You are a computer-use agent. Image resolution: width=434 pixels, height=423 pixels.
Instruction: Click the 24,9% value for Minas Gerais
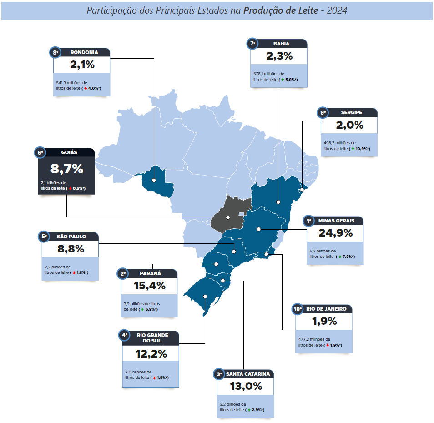(x=335, y=233)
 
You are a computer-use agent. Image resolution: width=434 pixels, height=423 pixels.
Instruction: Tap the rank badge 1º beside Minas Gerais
(x=309, y=221)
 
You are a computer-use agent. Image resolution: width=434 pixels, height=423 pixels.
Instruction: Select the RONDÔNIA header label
(x=84, y=52)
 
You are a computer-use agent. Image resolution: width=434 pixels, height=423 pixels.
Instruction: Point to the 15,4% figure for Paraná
(x=149, y=286)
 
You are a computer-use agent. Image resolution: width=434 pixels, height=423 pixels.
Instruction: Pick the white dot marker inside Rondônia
(x=154, y=180)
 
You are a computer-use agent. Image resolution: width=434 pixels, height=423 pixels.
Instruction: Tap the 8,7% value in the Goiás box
(x=67, y=169)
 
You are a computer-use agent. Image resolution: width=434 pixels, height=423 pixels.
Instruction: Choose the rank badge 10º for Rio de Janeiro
(x=298, y=309)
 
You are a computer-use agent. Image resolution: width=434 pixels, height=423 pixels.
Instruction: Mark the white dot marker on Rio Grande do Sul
(x=206, y=297)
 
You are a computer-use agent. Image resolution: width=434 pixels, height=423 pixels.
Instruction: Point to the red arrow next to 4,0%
(x=85, y=88)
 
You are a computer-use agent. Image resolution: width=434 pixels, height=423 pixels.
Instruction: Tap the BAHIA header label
(x=281, y=44)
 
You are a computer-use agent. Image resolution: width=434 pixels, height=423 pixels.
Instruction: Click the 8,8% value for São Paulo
(x=71, y=249)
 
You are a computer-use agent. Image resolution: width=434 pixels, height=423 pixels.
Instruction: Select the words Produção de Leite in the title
(x=281, y=10)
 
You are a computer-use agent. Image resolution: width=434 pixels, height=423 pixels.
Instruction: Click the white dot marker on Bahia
(x=278, y=201)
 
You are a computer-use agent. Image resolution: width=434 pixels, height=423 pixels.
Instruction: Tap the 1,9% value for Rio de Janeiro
(x=324, y=321)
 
